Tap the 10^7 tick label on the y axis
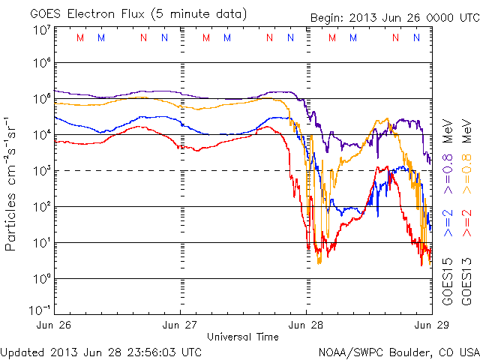pos(42,30)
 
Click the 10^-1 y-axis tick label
pos(40,310)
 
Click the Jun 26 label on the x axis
pos(54,325)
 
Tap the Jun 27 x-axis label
pos(180,325)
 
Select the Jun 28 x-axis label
pos(306,325)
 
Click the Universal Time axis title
pos(242,337)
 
